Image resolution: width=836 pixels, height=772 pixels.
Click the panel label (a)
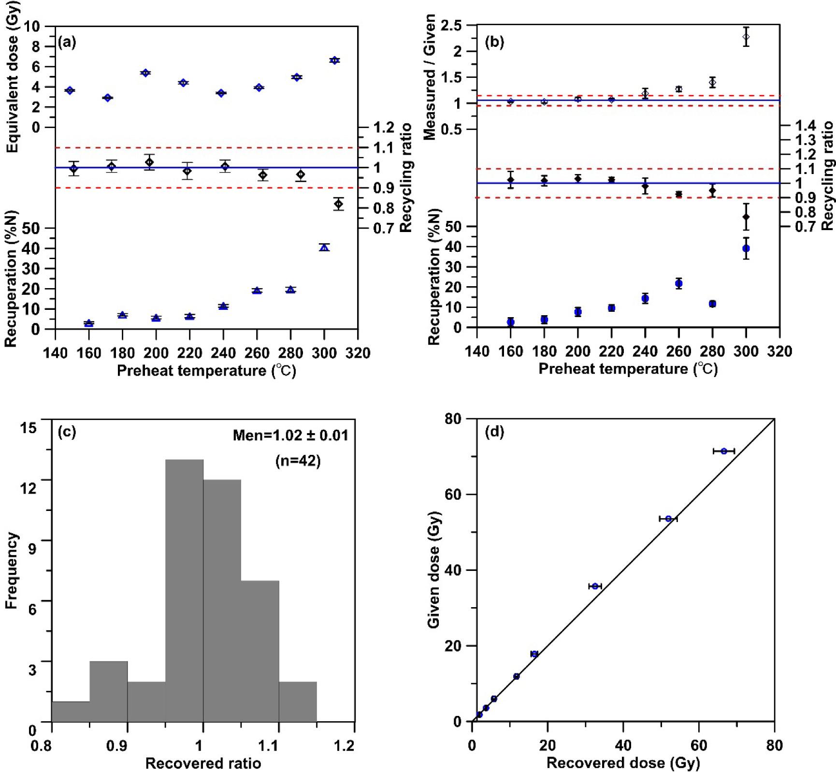[x=67, y=43]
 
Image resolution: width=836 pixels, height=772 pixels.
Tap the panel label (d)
[x=494, y=432]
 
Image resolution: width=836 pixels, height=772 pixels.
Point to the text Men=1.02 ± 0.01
[x=290, y=436]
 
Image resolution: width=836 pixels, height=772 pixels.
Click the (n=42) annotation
[x=298, y=461]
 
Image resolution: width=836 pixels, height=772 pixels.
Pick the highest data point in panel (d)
[x=724, y=451]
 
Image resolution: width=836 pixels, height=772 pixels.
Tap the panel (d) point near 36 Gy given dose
[x=595, y=586]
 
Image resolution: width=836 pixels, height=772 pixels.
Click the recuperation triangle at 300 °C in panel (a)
[x=324, y=248]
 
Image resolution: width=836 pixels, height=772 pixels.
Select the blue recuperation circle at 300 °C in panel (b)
[x=746, y=248]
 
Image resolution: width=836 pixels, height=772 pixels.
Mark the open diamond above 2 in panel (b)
[x=746, y=37]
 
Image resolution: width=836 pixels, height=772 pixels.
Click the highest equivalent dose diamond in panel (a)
[x=334, y=60]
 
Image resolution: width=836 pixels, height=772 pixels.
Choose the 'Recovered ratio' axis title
[x=203, y=763]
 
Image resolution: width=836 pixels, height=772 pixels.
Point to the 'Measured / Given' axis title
[x=430, y=77]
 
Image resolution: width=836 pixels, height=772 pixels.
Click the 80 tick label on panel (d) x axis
[x=774, y=745]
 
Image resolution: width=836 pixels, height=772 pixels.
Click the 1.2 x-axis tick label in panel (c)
[x=344, y=746]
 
